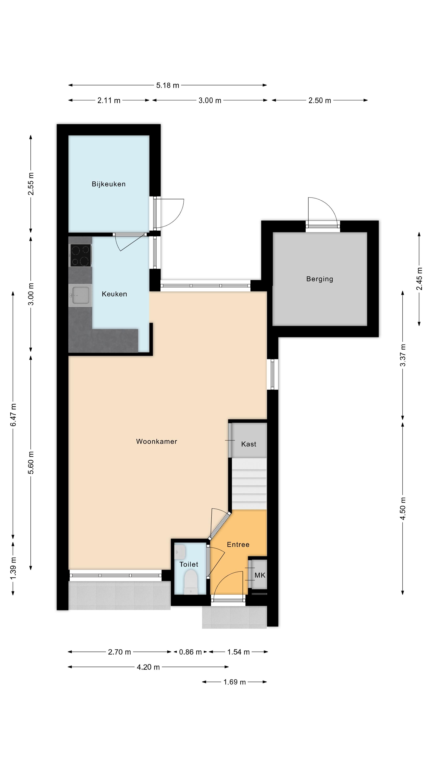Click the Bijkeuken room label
tap(109, 184)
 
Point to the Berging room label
tap(320, 279)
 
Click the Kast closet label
tap(249, 444)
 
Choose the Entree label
tap(238, 544)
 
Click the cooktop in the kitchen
tap(80, 255)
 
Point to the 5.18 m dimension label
tap(168, 85)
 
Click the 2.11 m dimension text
tap(109, 101)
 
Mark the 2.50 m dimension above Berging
tap(320, 101)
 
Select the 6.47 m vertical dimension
tap(13, 415)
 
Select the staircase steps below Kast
tap(249, 484)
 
